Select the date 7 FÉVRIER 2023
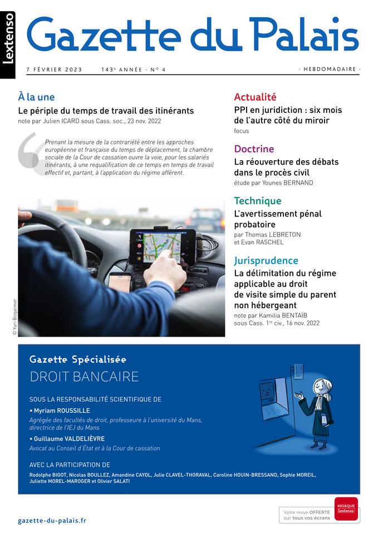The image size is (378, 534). (x=54, y=70)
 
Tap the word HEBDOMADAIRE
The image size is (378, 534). (x=330, y=70)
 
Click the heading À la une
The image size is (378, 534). (x=36, y=97)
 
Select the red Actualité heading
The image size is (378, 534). (x=255, y=97)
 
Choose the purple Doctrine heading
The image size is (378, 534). (x=254, y=149)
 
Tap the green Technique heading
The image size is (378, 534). (x=258, y=200)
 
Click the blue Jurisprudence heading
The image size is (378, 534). (x=266, y=260)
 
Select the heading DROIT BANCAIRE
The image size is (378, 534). (x=84, y=377)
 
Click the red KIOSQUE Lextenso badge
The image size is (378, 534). (x=346, y=508)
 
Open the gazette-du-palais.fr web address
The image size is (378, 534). (x=52, y=521)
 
